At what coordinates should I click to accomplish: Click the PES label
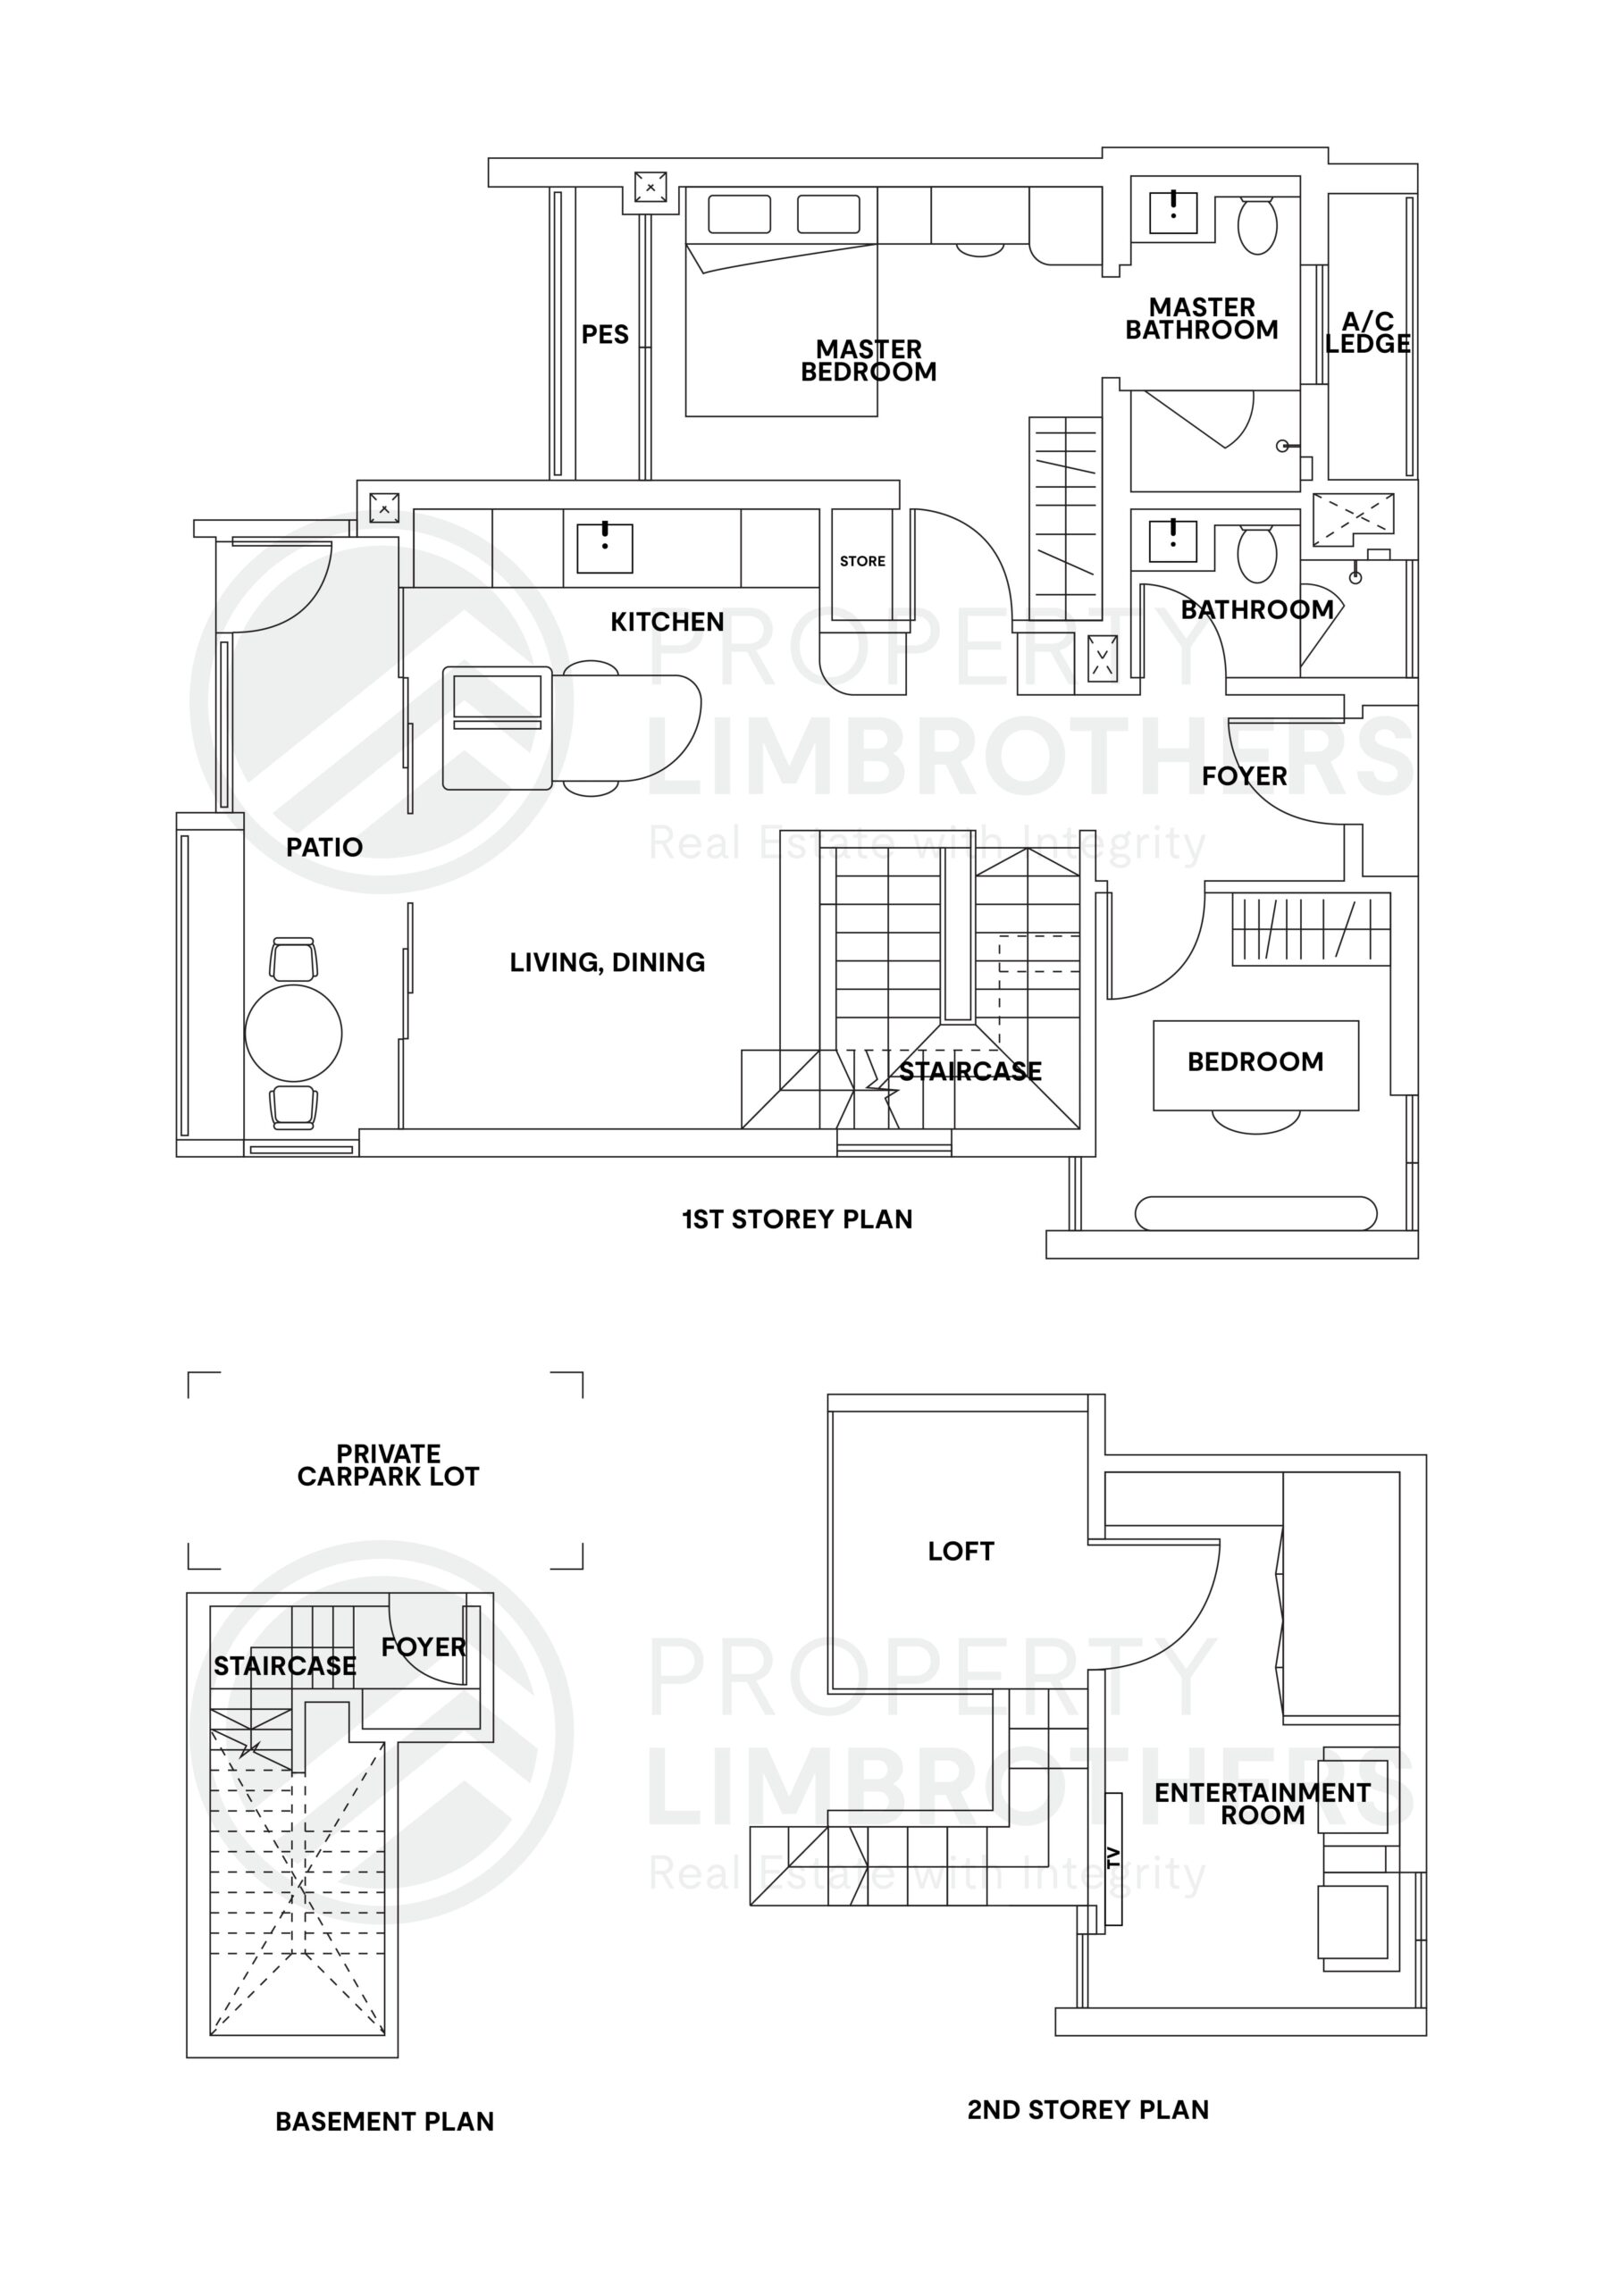click(x=605, y=335)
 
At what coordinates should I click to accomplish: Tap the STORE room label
click(x=861, y=561)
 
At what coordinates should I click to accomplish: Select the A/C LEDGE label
click(x=1367, y=332)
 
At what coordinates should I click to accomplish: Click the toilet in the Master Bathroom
click(x=1256, y=225)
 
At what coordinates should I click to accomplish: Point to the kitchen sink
click(x=604, y=546)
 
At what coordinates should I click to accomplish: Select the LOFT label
click(x=961, y=1551)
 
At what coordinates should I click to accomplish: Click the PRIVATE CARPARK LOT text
click(x=389, y=1465)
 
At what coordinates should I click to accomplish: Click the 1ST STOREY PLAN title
click(x=797, y=1219)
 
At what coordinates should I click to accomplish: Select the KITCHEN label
click(x=667, y=622)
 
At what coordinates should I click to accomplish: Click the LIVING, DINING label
click(x=607, y=962)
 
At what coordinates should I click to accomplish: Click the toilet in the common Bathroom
click(x=1256, y=554)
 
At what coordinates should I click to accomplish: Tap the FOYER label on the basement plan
click(x=424, y=1647)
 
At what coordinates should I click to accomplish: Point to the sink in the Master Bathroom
click(x=1173, y=210)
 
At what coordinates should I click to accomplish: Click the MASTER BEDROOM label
click(x=869, y=361)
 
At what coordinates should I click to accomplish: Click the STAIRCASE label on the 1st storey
click(x=969, y=1072)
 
